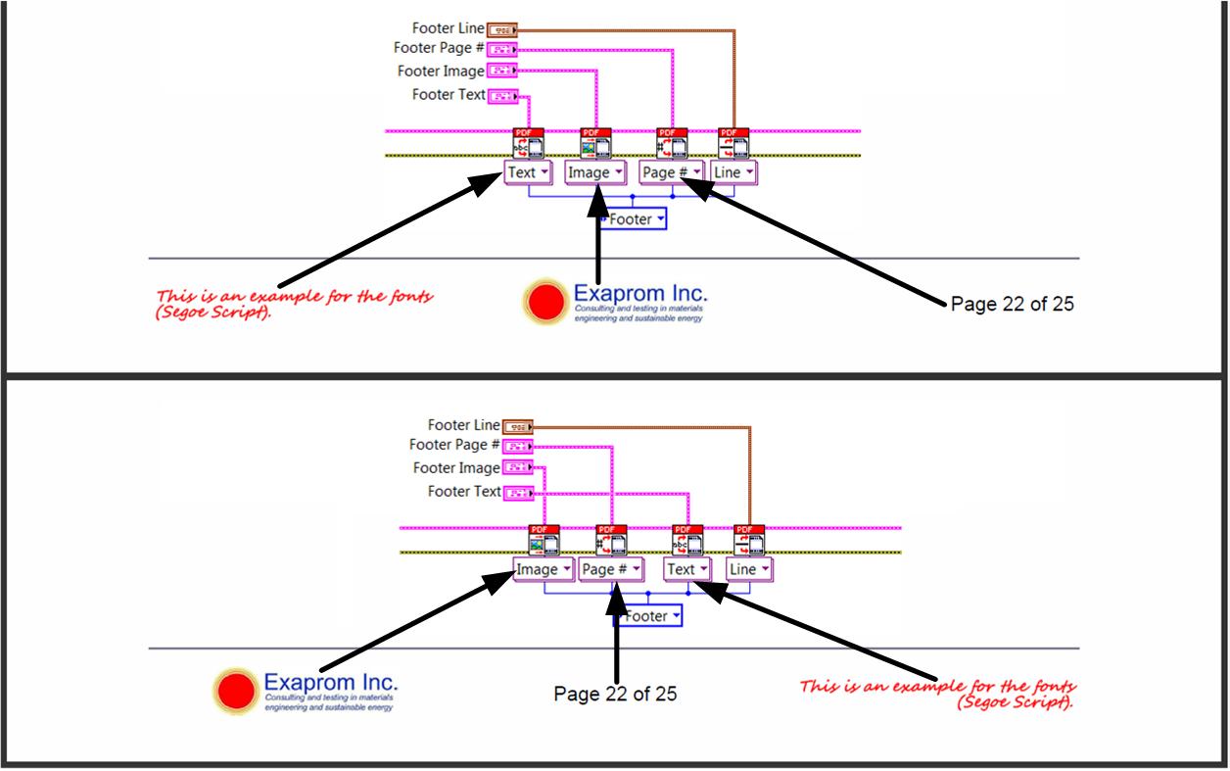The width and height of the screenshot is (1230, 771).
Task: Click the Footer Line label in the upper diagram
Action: click(448, 29)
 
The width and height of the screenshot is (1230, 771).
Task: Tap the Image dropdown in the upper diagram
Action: click(594, 172)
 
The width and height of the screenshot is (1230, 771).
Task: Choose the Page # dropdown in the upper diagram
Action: click(672, 172)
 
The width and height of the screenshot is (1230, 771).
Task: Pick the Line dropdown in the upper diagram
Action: click(733, 172)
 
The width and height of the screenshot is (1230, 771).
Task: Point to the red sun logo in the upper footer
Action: click(546, 301)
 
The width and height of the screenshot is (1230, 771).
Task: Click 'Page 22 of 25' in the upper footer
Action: click(1012, 304)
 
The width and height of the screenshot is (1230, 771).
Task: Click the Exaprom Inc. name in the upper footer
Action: click(640, 293)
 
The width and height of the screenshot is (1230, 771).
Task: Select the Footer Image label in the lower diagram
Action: click(456, 468)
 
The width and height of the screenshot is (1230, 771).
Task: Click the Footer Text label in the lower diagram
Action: click(464, 492)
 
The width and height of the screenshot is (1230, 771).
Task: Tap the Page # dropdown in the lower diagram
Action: click(611, 569)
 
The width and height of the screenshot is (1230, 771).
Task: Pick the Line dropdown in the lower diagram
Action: click(749, 569)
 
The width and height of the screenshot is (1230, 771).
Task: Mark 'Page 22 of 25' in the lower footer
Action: click(615, 694)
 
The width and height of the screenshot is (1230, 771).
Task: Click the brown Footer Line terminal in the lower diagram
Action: click(517, 426)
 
